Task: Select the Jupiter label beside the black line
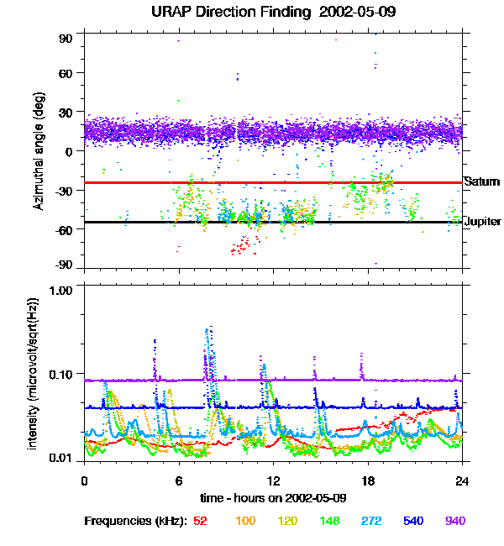pyautogui.click(x=482, y=221)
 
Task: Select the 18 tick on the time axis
pyautogui.click(x=367, y=480)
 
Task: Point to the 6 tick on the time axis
pyautogui.click(x=178, y=480)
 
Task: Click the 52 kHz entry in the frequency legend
pyautogui.click(x=200, y=521)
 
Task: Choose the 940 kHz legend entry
pyautogui.click(x=455, y=521)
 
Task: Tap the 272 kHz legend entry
pyautogui.click(x=370, y=521)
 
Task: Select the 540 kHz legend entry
pyautogui.click(x=412, y=521)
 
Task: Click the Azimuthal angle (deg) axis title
pyautogui.click(x=38, y=152)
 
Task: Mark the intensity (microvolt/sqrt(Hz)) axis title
pyautogui.click(x=34, y=374)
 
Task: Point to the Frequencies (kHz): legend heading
pyautogui.click(x=136, y=521)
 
